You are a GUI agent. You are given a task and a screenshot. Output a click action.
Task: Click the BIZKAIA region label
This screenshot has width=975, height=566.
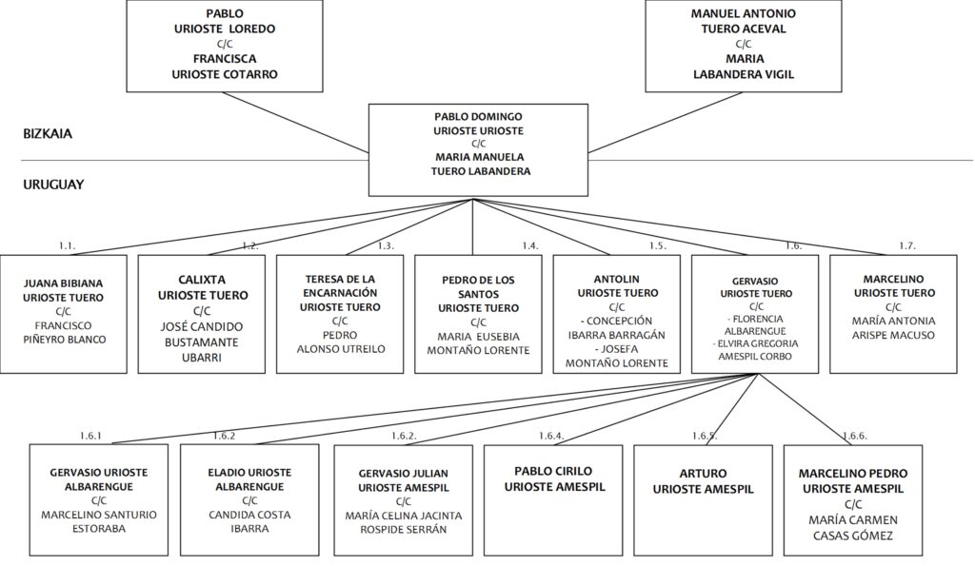(x=48, y=133)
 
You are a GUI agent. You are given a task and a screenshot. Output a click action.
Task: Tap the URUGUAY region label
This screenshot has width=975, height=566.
(x=53, y=185)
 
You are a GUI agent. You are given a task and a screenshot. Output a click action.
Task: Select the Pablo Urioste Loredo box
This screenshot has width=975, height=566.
(x=225, y=46)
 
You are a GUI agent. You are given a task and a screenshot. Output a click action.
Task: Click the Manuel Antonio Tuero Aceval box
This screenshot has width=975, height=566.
(x=743, y=46)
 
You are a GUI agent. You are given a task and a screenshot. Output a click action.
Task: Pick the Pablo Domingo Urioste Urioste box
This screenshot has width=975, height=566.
(x=478, y=149)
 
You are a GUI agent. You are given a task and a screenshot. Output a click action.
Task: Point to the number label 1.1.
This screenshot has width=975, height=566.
(x=68, y=246)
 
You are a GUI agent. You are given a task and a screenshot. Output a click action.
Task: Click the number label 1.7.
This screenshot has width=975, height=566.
(x=907, y=246)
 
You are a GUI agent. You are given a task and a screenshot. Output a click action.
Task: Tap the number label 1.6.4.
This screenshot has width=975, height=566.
(x=551, y=436)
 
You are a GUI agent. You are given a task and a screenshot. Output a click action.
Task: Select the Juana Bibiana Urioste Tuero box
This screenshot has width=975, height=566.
(x=64, y=314)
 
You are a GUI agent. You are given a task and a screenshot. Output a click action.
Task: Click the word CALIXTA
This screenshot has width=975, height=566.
(x=202, y=280)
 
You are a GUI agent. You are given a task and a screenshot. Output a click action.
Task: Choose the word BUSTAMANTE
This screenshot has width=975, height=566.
(x=202, y=342)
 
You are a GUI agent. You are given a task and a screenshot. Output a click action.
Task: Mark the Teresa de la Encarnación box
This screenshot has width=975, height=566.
(x=340, y=314)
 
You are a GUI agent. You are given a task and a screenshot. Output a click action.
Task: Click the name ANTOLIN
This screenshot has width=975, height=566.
(x=617, y=280)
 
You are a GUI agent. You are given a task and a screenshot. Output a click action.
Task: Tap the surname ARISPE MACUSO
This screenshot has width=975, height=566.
(x=893, y=335)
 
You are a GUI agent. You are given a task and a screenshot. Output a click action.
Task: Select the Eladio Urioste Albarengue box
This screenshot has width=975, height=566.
(x=249, y=499)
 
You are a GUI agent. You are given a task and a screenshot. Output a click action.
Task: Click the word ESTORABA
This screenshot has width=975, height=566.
(x=99, y=529)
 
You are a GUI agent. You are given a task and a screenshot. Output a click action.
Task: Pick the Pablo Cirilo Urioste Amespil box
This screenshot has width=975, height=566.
(x=553, y=499)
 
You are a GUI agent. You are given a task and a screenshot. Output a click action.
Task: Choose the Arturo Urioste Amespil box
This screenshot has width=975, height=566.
(x=704, y=499)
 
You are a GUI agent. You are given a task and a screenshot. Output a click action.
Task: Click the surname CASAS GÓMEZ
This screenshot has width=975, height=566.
(x=853, y=536)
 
